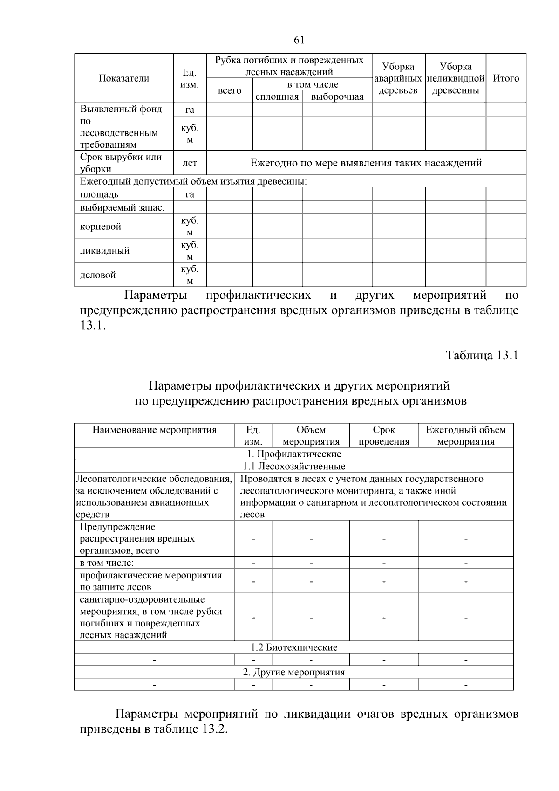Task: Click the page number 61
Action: point(299,40)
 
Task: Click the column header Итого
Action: point(506,78)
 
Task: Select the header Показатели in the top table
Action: point(124,78)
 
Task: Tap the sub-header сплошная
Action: point(277,97)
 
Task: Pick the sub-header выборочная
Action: point(337,97)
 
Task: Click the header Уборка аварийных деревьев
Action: point(398,78)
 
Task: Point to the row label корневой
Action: point(101,227)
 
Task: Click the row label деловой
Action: point(98,275)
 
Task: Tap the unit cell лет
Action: point(190,163)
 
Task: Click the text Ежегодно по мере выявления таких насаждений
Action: point(366,163)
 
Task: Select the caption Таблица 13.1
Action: point(482,356)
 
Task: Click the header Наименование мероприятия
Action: point(154,430)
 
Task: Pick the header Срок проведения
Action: point(384,436)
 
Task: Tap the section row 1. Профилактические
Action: point(294,454)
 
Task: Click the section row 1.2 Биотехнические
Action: point(294,647)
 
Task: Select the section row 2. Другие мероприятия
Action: point(294,672)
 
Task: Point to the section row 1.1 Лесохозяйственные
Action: point(294,466)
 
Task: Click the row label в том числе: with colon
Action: point(107,563)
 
